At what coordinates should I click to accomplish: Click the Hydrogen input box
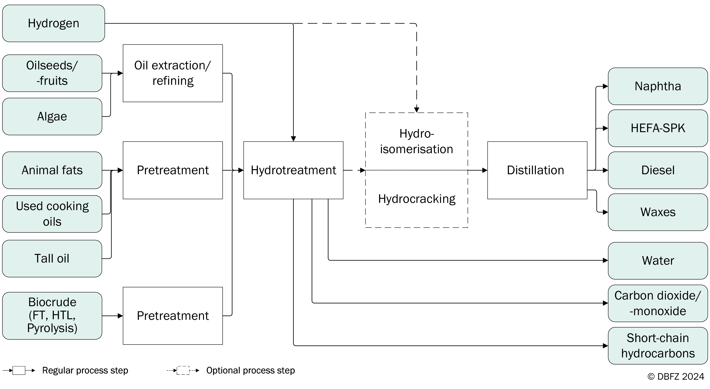53,23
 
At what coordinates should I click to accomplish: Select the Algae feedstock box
52,117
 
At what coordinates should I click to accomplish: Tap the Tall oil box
52,258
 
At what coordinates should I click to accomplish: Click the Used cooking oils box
52,214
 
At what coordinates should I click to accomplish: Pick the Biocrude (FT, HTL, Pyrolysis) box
52,316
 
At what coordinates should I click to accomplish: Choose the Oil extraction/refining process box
173,73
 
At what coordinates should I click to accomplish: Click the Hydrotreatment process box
293,170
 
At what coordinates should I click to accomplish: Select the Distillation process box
537,170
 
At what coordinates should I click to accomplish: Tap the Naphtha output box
658,86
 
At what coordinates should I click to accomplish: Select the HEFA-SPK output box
658,128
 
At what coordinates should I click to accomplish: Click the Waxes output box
658,212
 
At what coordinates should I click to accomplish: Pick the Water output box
658,260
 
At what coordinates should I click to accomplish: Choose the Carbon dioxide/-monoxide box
658,303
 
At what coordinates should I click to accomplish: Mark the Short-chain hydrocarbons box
658,346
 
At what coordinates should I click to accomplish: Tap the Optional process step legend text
250,370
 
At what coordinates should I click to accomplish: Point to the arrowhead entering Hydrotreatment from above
293,139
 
